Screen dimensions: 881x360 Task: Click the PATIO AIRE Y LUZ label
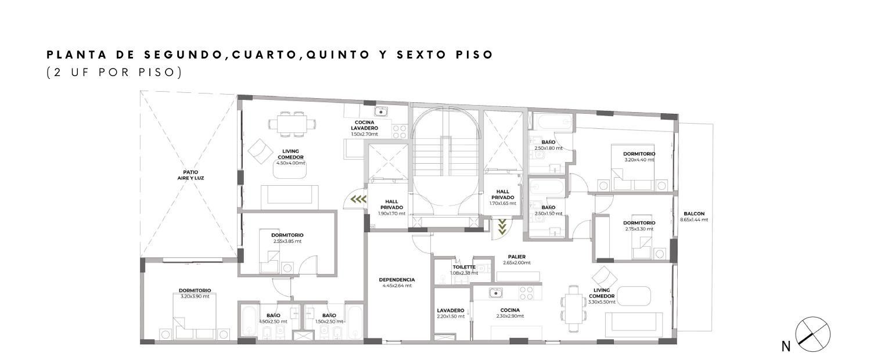click(190, 175)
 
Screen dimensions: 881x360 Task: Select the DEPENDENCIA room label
click(397, 280)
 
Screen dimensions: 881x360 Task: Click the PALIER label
click(516, 257)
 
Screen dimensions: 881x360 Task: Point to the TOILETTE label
click(463, 267)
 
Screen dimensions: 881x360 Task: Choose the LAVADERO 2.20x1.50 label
click(451, 313)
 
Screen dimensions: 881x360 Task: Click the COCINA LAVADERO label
click(365, 125)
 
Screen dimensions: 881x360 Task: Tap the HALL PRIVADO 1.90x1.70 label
click(392, 208)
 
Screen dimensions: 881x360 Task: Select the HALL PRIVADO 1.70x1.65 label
click(503, 197)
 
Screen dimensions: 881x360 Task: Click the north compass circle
click(812, 334)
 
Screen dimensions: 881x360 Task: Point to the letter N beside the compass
click(786, 347)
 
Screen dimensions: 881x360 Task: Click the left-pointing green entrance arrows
click(358, 200)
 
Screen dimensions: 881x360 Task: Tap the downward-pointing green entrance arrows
click(502, 227)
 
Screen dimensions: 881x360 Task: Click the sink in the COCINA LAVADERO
click(381, 111)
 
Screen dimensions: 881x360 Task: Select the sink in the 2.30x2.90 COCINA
click(496, 293)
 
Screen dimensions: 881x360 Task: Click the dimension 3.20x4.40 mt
click(639, 160)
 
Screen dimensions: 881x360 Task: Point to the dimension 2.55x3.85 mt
click(287, 241)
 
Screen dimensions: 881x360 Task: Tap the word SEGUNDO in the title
click(184, 55)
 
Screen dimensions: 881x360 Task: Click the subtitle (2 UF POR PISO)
click(114, 73)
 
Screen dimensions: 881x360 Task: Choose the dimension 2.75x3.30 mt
click(639, 229)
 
